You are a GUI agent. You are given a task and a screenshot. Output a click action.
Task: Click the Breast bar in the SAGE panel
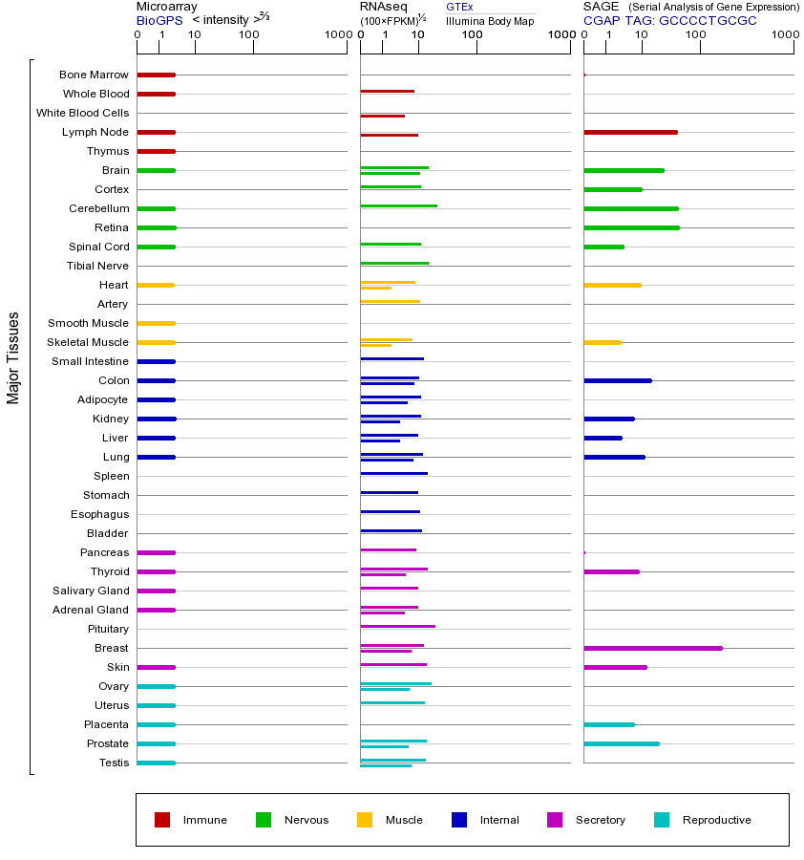click(x=652, y=648)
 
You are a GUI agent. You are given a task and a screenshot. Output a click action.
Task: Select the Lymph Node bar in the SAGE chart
click(x=630, y=132)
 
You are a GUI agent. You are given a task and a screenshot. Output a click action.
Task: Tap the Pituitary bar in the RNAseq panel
click(x=397, y=626)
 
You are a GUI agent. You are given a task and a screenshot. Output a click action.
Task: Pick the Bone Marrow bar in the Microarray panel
click(x=156, y=75)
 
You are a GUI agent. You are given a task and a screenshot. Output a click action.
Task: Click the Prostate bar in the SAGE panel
click(x=621, y=743)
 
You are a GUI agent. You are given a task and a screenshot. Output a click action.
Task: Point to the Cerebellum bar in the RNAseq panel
click(x=398, y=205)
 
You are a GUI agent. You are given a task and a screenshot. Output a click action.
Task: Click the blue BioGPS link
click(x=159, y=20)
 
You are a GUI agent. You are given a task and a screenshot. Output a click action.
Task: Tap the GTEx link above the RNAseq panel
click(x=459, y=7)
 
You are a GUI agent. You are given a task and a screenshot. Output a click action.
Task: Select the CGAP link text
click(x=602, y=20)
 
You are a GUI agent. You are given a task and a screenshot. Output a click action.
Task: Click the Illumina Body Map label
click(x=490, y=20)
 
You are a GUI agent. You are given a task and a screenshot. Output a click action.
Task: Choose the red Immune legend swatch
click(x=162, y=820)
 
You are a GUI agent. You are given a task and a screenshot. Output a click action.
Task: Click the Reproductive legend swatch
click(x=662, y=820)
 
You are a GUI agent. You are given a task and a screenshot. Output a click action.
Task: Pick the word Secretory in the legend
click(x=600, y=820)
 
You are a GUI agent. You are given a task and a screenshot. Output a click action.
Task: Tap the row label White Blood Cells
click(x=82, y=113)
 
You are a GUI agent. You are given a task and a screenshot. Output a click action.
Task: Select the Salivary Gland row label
click(x=91, y=591)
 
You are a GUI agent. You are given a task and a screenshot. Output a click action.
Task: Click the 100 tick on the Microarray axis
click(x=249, y=35)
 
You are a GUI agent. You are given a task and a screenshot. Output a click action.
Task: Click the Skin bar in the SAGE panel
click(x=615, y=667)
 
